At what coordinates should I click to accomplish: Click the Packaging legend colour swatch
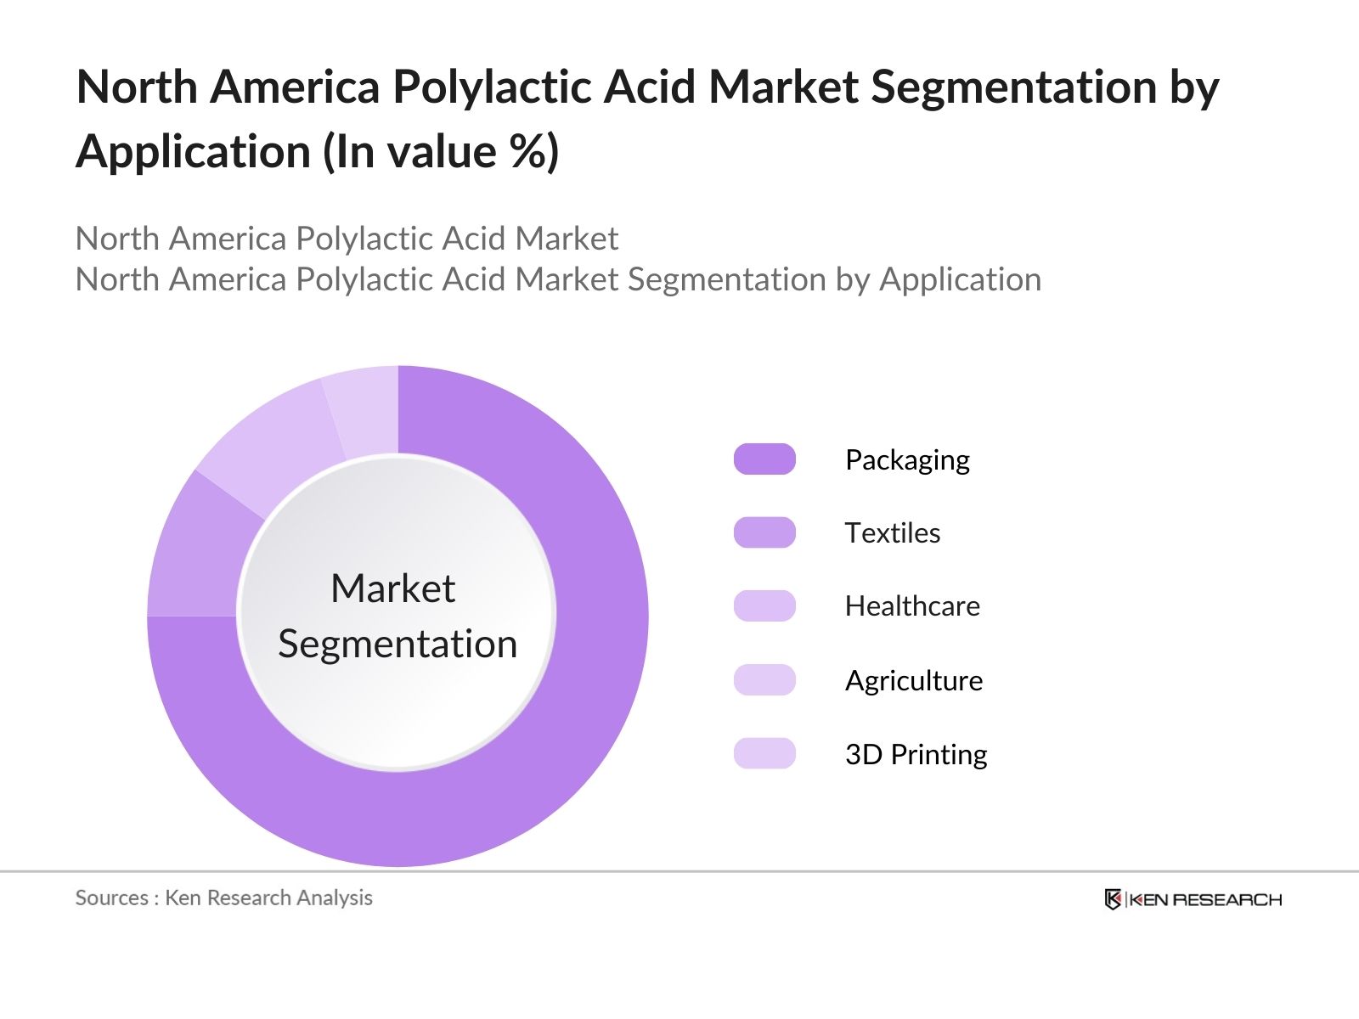tap(764, 459)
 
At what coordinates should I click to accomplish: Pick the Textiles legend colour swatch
tap(764, 532)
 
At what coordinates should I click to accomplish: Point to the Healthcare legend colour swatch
tap(764, 606)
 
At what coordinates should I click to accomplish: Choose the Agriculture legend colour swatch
tap(764, 680)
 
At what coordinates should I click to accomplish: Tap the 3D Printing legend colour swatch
tap(764, 754)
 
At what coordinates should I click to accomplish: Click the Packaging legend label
tap(907, 460)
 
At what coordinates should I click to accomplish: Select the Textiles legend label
tap(893, 533)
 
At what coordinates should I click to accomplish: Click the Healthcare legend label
tap(912, 606)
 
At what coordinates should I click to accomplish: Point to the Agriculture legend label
tap(914, 681)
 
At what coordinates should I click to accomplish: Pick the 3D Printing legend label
tap(916, 755)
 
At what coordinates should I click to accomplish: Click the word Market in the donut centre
tap(392, 588)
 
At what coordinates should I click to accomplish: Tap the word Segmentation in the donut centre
tap(398, 644)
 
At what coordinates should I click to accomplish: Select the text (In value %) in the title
tap(441, 152)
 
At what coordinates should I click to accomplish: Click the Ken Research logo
tap(1193, 899)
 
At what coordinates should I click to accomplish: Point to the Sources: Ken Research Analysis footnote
tap(224, 898)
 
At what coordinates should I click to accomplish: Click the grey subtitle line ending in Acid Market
tap(347, 239)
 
